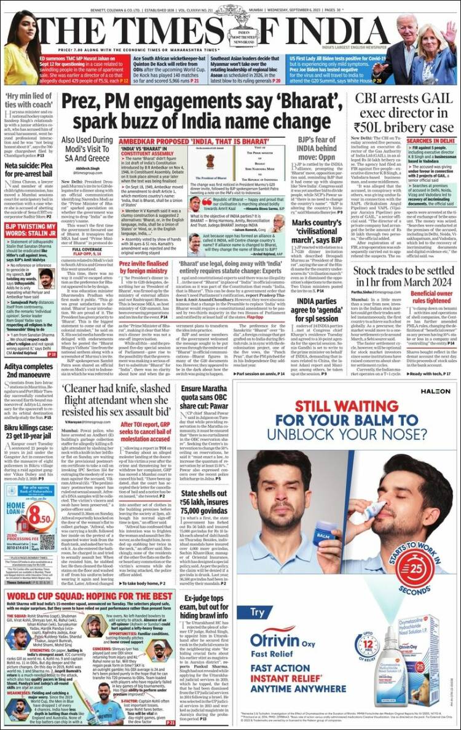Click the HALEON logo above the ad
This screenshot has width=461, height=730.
[x=435, y=373]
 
